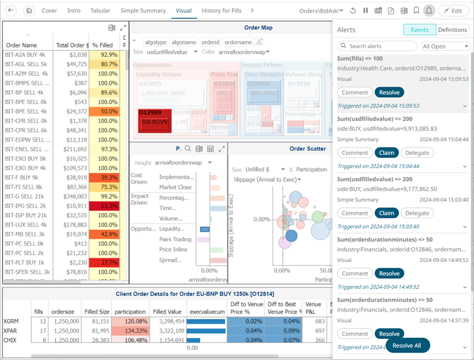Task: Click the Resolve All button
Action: coord(407,345)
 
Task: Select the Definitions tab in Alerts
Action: coord(452,30)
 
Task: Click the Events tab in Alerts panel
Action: coord(419,30)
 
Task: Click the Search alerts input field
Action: coord(377,46)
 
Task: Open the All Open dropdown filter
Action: coord(446,46)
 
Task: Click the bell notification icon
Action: coord(429,11)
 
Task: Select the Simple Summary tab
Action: coord(143,11)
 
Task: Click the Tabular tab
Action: coord(101,11)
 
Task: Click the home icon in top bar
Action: coord(29,11)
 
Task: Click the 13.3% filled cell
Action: coord(105,206)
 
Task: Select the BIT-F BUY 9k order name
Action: coord(22,177)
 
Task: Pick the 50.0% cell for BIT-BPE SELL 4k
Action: coord(105,111)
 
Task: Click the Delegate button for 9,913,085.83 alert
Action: coord(417,153)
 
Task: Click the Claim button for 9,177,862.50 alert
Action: coord(386,213)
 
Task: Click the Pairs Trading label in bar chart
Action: coord(175,239)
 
